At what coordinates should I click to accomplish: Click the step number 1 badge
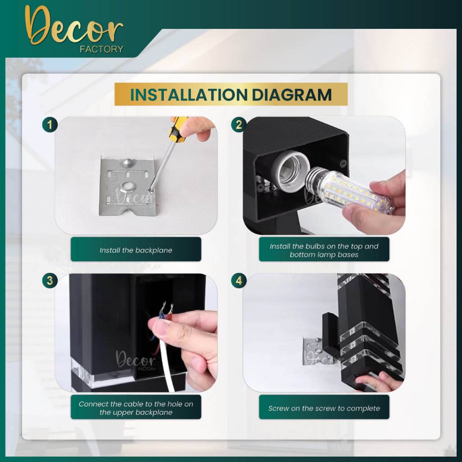(50, 125)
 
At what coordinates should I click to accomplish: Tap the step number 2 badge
(239, 125)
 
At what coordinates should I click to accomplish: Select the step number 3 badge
(50, 280)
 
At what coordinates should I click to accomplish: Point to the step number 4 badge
(239, 280)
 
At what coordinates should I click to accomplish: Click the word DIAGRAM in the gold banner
(292, 95)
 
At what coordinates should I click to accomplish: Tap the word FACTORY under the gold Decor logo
(102, 49)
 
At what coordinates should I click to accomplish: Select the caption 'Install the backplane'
(136, 250)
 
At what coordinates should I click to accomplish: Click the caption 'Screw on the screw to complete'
(324, 408)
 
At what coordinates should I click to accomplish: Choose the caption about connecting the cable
(136, 408)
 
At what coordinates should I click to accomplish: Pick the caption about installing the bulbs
(324, 250)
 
